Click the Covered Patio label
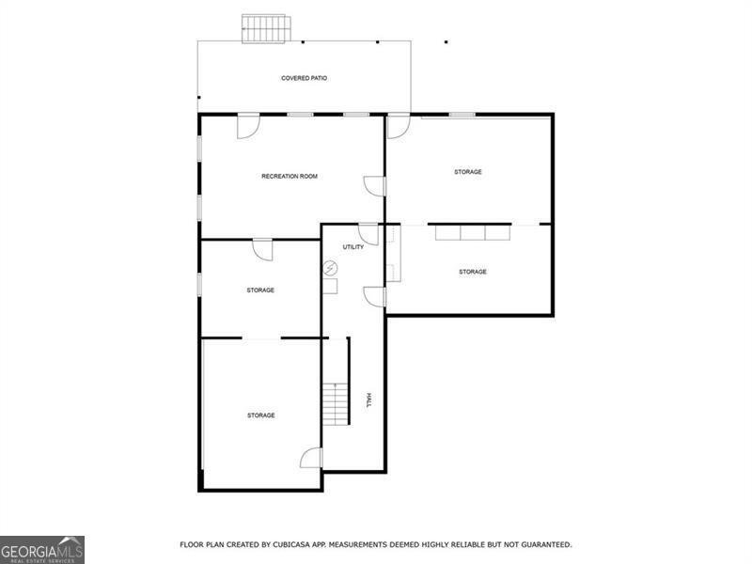pyautogui.click(x=305, y=78)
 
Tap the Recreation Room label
pyautogui.click(x=290, y=176)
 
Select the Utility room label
pyautogui.click(x=353, y=246)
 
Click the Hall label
pyautogui.click(x=368, y=399)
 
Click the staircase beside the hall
pyautogui.click(x=337, y=403)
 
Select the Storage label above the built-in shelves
pyautogui.click(x=468, y=172)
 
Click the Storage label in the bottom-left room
pyautogui.click(x=261, y=415)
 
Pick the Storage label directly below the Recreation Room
pyautogui.click(x=260, y=290)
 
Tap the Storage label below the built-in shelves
pyautogui.click(x=473, y=272)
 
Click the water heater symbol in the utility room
pyautogui.click(x=331, y=269)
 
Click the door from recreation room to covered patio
pyautogui.click(x=248, y=125)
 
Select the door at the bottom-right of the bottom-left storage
pyautogui.click(x=311, y=458)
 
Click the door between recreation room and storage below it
pyautogui.click(x=263, y=249)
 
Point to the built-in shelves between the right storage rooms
pyautogui.click(x=473, y=231)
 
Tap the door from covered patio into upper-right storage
pyautogui.click(x=399, y=125)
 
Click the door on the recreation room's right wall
pyautogui.click(x=375, y=186)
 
